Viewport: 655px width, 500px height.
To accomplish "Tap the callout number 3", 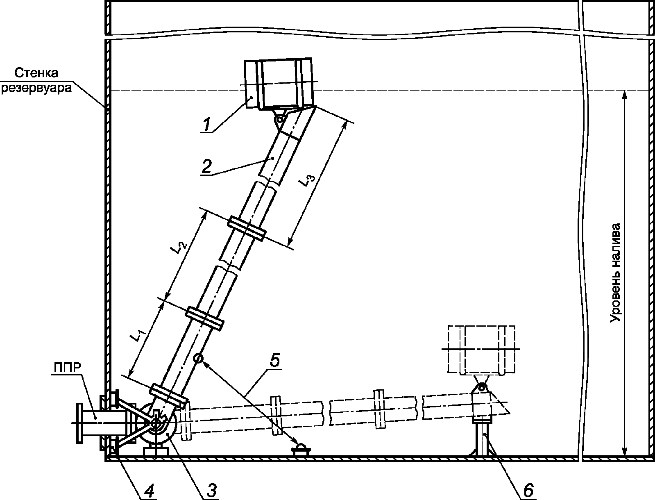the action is click(x=210, y=490).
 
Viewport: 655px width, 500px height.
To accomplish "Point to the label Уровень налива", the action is click(x=616, y=273).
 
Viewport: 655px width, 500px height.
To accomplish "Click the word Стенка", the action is click(x=37, y=73).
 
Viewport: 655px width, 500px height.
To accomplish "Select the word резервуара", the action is click(x=37, y=88).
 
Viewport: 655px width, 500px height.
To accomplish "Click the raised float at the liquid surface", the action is click(x=280, y=83).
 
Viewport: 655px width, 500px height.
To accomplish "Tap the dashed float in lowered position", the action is click(x=482, y=349).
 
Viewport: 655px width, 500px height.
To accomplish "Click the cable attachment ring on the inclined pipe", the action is click(x=198, y=358).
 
